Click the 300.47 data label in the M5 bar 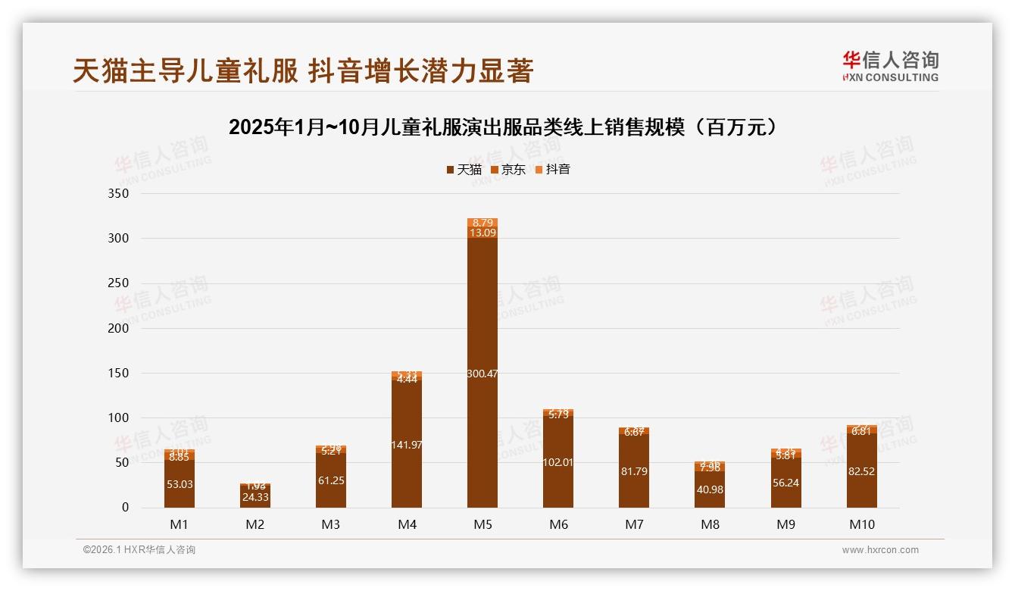[x=483, y=374]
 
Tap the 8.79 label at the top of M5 [x=483, y=223]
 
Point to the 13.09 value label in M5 [x=483, y=233]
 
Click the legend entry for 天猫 [x=464, y=170]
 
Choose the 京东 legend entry [x=508, y=170]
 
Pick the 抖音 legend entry [x=553, y=170]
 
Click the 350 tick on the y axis [x=120, y=194]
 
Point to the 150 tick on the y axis [x=120, y=374]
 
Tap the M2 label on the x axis [x=255, y=524]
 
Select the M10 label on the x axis [x=861, y=524]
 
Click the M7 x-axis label [x=634, y=524]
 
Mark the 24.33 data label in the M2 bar [x=255, y=497]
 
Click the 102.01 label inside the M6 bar [x=558, y=462]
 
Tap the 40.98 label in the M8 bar [x=710, y=489]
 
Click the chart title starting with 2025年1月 [x=503, y=127]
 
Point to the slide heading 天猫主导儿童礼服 [x=303, y=70]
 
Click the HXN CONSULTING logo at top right [x=890, y=66]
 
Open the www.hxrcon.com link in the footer [x=880, y=550]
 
